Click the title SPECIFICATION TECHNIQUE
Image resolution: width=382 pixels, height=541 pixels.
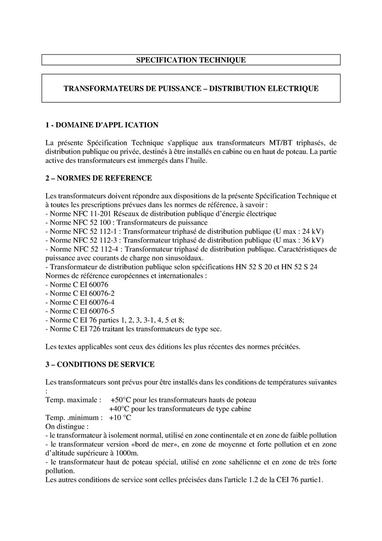pos(190,60)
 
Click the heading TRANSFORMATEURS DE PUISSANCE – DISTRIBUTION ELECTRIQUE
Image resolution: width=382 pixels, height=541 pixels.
pos(191,88)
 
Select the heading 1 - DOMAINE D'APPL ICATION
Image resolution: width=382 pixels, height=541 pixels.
pos(102,125)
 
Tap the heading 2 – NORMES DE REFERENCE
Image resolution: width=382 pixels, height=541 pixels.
pos(99,179)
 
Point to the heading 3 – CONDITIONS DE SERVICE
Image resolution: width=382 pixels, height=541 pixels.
pos(100,364)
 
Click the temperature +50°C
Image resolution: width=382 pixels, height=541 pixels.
pos(121,400)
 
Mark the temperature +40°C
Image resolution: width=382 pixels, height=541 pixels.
pos(121,409)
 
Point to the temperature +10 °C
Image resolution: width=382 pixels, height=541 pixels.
pos(120,417)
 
